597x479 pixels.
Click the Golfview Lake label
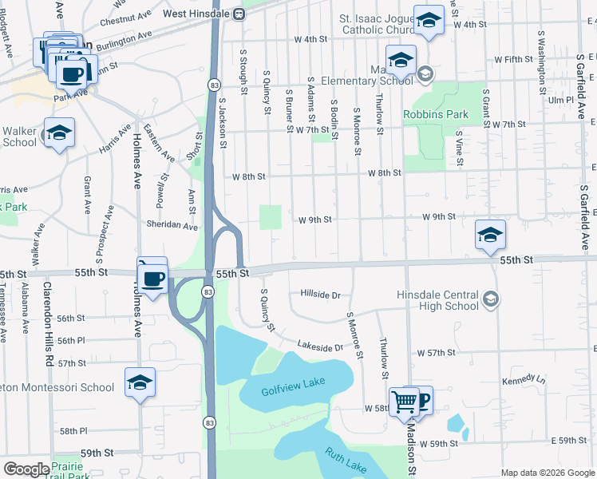point(293,383)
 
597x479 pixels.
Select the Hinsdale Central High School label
point(438,300)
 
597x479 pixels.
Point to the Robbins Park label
point(436,114)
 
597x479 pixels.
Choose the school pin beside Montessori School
point(140,382)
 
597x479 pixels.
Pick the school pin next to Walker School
point(59,133)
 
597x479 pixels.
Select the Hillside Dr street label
point(320,295)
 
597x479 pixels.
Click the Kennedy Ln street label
point(523,380)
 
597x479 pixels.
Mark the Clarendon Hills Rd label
point(48,322)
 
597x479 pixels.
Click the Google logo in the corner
point(26,469)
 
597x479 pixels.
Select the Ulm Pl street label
point(561,101)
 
